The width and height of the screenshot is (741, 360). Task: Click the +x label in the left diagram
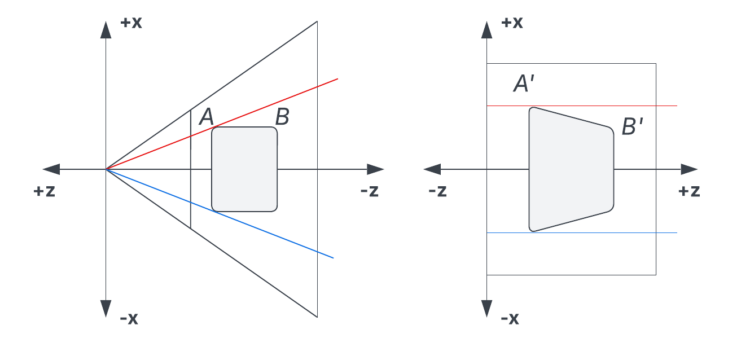coord(131,23)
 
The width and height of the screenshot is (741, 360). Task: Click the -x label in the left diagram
coord(129,319)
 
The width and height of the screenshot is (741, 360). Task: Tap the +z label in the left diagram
coord(44,191)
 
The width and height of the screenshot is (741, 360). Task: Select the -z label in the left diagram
coord(370,191)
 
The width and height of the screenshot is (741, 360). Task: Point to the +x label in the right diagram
coord(512,23)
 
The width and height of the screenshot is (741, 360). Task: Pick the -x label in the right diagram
coord(510,319)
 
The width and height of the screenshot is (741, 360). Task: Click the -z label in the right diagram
coord(437,191)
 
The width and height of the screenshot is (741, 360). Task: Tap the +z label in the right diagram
coord(689,191)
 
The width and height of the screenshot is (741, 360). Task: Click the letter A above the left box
coord(207,117)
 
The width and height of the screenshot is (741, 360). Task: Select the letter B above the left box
coord(282,117)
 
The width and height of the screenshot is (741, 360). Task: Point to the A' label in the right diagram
coord(524,83)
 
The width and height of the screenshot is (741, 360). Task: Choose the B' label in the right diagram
coord(632,126)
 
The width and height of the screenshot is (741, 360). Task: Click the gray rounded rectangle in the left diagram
coord(244,169)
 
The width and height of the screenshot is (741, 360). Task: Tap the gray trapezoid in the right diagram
coord(571,169)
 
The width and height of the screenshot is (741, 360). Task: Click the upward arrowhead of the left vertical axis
coord(106,30)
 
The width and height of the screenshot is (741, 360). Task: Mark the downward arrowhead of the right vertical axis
coord(486,309)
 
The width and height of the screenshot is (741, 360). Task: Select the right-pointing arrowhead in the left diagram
coord(375,169)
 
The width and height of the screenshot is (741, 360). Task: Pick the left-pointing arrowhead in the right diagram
coord(432,169)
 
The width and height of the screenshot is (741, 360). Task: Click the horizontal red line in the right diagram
coord(582,106)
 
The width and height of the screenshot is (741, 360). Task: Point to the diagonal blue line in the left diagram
coord(220,213)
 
